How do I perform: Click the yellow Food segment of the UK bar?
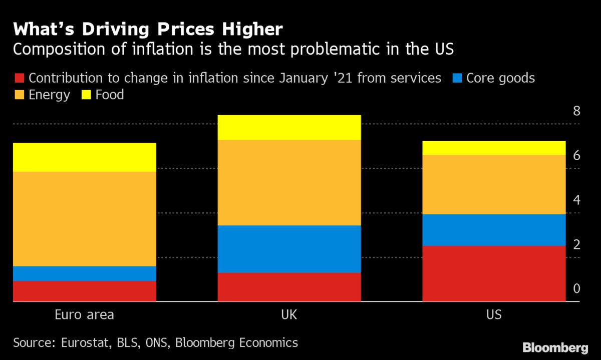coord(289,128)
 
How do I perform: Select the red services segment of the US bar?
coord(494,273)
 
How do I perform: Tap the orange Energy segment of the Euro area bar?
coord(85,219)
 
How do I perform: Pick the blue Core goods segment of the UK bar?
coord(289,249)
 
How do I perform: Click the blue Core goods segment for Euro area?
coord(85,273)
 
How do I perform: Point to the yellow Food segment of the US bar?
coord(494,148)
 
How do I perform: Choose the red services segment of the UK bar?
coord(289,287)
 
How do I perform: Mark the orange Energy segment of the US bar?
coord(494,184)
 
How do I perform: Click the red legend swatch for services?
coord(20,78)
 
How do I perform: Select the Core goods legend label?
coord(500,78)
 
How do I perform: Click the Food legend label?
coord(110,95)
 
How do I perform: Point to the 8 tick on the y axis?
coord(576,111)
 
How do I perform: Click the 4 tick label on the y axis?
coord(576,200)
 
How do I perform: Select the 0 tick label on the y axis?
coord(576,289)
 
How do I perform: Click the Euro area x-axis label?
coord(84,315)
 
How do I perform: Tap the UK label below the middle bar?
coord(289,315)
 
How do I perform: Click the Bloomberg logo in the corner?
coord(555,347)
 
